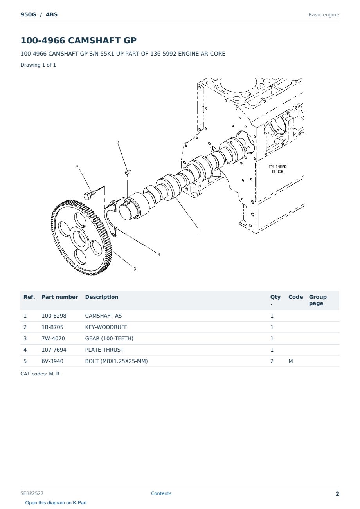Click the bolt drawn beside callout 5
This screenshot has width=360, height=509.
pyautogui.click(x=89, y=195)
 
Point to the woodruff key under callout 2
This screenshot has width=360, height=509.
pyautogui.click(x=128, y=172)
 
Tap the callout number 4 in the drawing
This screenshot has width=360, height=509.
pyautogui.click(x=159, y=254)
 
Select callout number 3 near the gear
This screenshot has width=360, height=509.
pyautogui.click(x=135, y=269)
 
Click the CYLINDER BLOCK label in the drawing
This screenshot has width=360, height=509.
pyautogui.click(x=277, y=169)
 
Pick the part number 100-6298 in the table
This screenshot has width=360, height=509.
pyautogui.click(x=54, y=316)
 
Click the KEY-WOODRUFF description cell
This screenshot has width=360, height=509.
pyautogui.click(x=106, y=327)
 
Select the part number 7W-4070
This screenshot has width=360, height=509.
pyautogui.click(x=53, y=338)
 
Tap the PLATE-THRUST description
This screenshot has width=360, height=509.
pyautogui.click(x=104, y=350)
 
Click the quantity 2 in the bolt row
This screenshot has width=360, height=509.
pyautogui.click(x=272, y=361)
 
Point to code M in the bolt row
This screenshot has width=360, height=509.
pyautogui.click(x=290, y=361)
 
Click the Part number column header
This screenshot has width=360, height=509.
pyautogui.click(x=60, y=297)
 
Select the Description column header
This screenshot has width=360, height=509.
pyautogui.click(x=102, y=297)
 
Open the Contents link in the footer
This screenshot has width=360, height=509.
pyautogui.click(x=161, y=493)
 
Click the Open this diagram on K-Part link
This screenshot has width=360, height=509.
pyautogui.click(x=56, y=503)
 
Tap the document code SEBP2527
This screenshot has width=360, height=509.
pyautogui.click(x=32, y=493)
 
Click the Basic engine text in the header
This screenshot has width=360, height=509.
pyautogui.click(x=324, y=15)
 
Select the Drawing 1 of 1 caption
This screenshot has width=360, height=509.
pyautogui.click(x=38, y=65)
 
